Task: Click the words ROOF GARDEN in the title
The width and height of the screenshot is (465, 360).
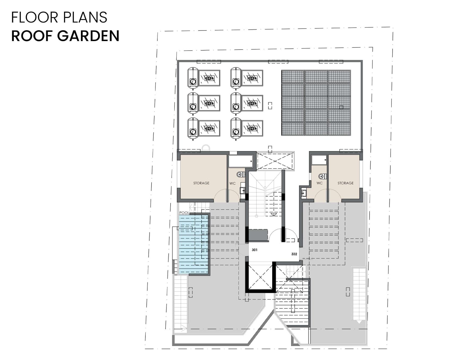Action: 65,36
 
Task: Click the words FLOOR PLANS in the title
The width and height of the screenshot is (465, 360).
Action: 59,17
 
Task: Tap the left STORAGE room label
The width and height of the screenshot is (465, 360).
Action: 201,183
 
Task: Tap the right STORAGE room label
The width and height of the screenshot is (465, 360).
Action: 345,183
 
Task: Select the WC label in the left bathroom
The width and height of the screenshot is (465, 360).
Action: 232,183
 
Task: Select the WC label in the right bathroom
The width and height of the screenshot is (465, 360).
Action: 319,183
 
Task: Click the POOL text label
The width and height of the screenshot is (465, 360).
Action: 184,213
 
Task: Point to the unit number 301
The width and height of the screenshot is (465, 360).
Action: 255,250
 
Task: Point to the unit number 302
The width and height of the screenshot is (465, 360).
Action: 294,254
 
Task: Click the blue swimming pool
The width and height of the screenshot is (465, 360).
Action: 194,244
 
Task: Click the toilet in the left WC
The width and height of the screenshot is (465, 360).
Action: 241,174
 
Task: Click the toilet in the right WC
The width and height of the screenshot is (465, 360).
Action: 323,176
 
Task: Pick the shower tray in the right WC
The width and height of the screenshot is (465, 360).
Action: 319,160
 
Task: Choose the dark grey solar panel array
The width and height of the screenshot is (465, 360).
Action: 316,103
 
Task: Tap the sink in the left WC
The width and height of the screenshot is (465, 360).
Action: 242,190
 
